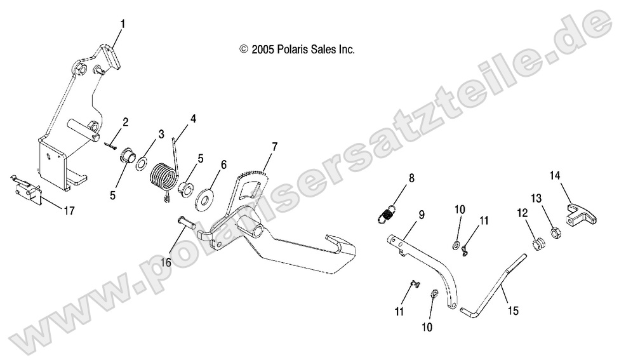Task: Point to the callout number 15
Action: pyautogui.click(x=513, y=311)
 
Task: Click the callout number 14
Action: pyautogui.click(x=554, y=175)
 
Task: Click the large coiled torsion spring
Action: pyautogui.click(x=164, y=175)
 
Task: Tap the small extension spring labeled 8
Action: pyautogui.click(x=387, y=211)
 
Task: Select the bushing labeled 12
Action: pyautogui.click(x=538, y=243)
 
